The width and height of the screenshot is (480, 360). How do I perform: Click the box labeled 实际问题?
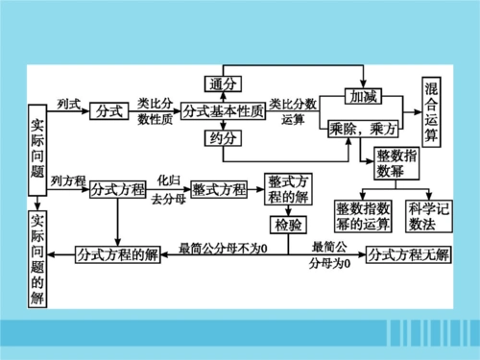[37, 142]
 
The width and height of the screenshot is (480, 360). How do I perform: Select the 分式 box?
[109, 110]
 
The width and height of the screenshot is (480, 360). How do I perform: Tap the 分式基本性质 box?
[223, 110]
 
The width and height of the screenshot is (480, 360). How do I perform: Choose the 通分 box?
[223, 84]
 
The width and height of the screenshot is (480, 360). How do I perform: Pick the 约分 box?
[223, 139]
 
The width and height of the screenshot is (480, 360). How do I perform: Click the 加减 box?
[365, 98]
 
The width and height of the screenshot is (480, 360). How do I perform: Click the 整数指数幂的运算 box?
[363, 215]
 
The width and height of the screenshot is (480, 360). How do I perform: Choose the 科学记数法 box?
[427, 215]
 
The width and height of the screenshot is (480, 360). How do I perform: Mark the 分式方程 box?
[118, 189]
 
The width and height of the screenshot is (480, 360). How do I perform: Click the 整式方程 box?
[219, 189]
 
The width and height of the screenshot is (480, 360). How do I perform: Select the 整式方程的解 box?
[288, 189]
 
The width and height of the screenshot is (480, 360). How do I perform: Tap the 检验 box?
[287, 226]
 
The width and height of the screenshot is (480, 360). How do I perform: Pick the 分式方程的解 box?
[118, 253]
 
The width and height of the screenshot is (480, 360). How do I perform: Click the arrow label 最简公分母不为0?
[223, 250]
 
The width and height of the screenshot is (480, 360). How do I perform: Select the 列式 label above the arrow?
[69, 103]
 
